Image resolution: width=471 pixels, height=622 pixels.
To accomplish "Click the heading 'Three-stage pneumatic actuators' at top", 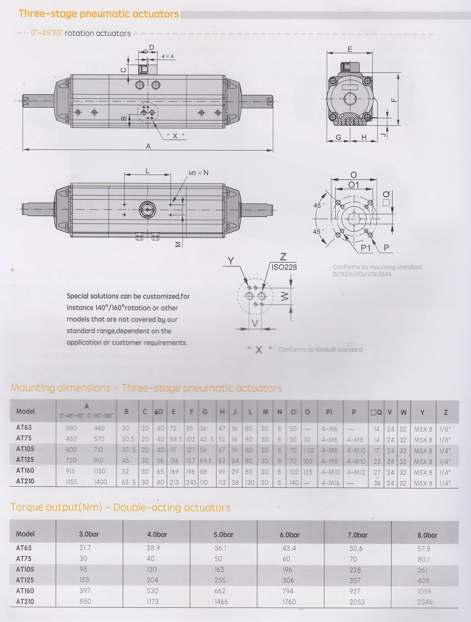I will (x=99, y=14).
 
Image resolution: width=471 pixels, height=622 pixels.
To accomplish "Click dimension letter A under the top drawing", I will (x=148, y=146).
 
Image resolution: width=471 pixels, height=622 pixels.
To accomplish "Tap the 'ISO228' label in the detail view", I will (x=284, y=267).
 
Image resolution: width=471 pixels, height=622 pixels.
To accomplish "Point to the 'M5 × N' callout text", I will (x=198, y=173).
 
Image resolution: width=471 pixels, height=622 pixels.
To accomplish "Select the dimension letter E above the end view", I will (x=350, y=49).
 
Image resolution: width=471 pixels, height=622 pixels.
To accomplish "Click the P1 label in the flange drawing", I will (x=365, y=248).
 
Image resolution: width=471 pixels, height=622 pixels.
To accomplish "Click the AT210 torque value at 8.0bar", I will (x=425, y=602).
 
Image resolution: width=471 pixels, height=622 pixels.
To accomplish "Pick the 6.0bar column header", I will (x=290, y=535).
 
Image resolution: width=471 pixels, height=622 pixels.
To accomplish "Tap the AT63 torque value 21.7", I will (x=85, y=548).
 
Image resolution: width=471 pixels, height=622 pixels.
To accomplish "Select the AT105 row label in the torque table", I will (x=25, y=569).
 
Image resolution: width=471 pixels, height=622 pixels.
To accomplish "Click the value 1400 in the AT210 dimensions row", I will (x=100, y=482).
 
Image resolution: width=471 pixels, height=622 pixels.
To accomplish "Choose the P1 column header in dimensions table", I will (x=329, y=412).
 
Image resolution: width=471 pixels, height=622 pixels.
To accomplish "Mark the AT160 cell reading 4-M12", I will (x=356, y=472).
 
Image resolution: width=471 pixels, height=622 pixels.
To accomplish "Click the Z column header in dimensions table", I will (x=445, y=412).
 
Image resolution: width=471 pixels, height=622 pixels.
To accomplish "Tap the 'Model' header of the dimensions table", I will (x=26, y=411).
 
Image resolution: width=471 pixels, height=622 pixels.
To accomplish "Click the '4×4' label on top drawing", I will (x=168, y=56).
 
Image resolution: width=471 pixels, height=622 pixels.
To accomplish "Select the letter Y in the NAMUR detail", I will (x=231, y=261).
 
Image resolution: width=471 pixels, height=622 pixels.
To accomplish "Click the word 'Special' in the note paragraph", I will (x=77, y=296).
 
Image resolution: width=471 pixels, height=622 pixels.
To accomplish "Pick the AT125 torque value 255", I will (x=220, y=580).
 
